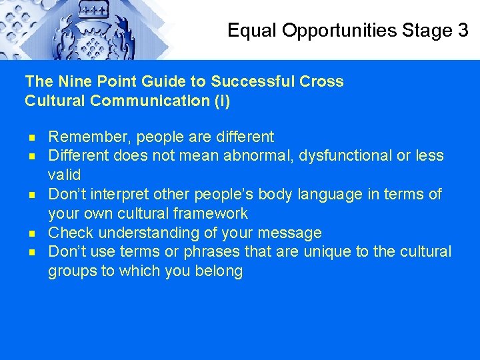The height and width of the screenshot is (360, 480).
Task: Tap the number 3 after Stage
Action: click(463, 30)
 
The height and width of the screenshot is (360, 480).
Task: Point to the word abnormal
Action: click(257, 156)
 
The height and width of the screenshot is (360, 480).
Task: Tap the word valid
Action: click(64, 175)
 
